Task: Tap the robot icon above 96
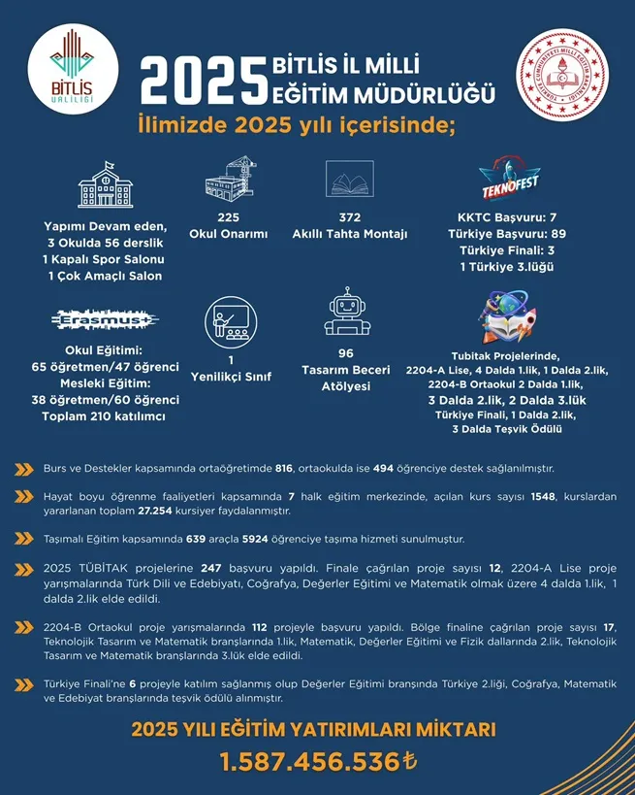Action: point(346,314)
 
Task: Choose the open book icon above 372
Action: point(350,182)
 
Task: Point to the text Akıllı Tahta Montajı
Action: point(350,234)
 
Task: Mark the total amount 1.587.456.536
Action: point(309,761)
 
